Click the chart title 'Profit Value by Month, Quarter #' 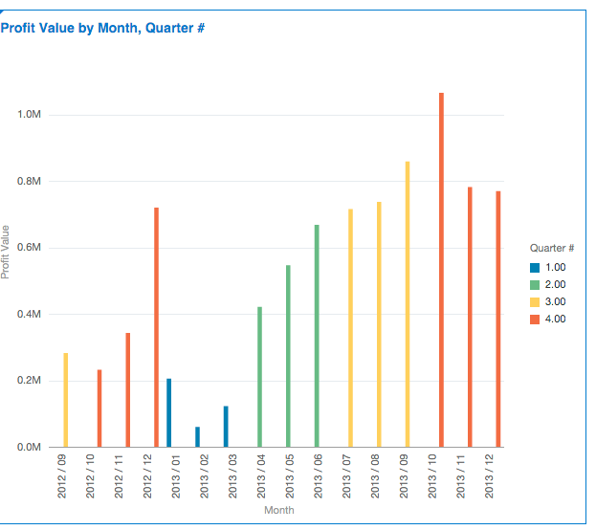pos(103,29)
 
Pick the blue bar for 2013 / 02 pos(198,437)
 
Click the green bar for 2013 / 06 pos(317,336)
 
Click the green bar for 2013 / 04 pos(259,377)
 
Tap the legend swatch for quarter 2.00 pos(535,284)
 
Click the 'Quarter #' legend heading pos(551,249)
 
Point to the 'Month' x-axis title pos(279,510)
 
